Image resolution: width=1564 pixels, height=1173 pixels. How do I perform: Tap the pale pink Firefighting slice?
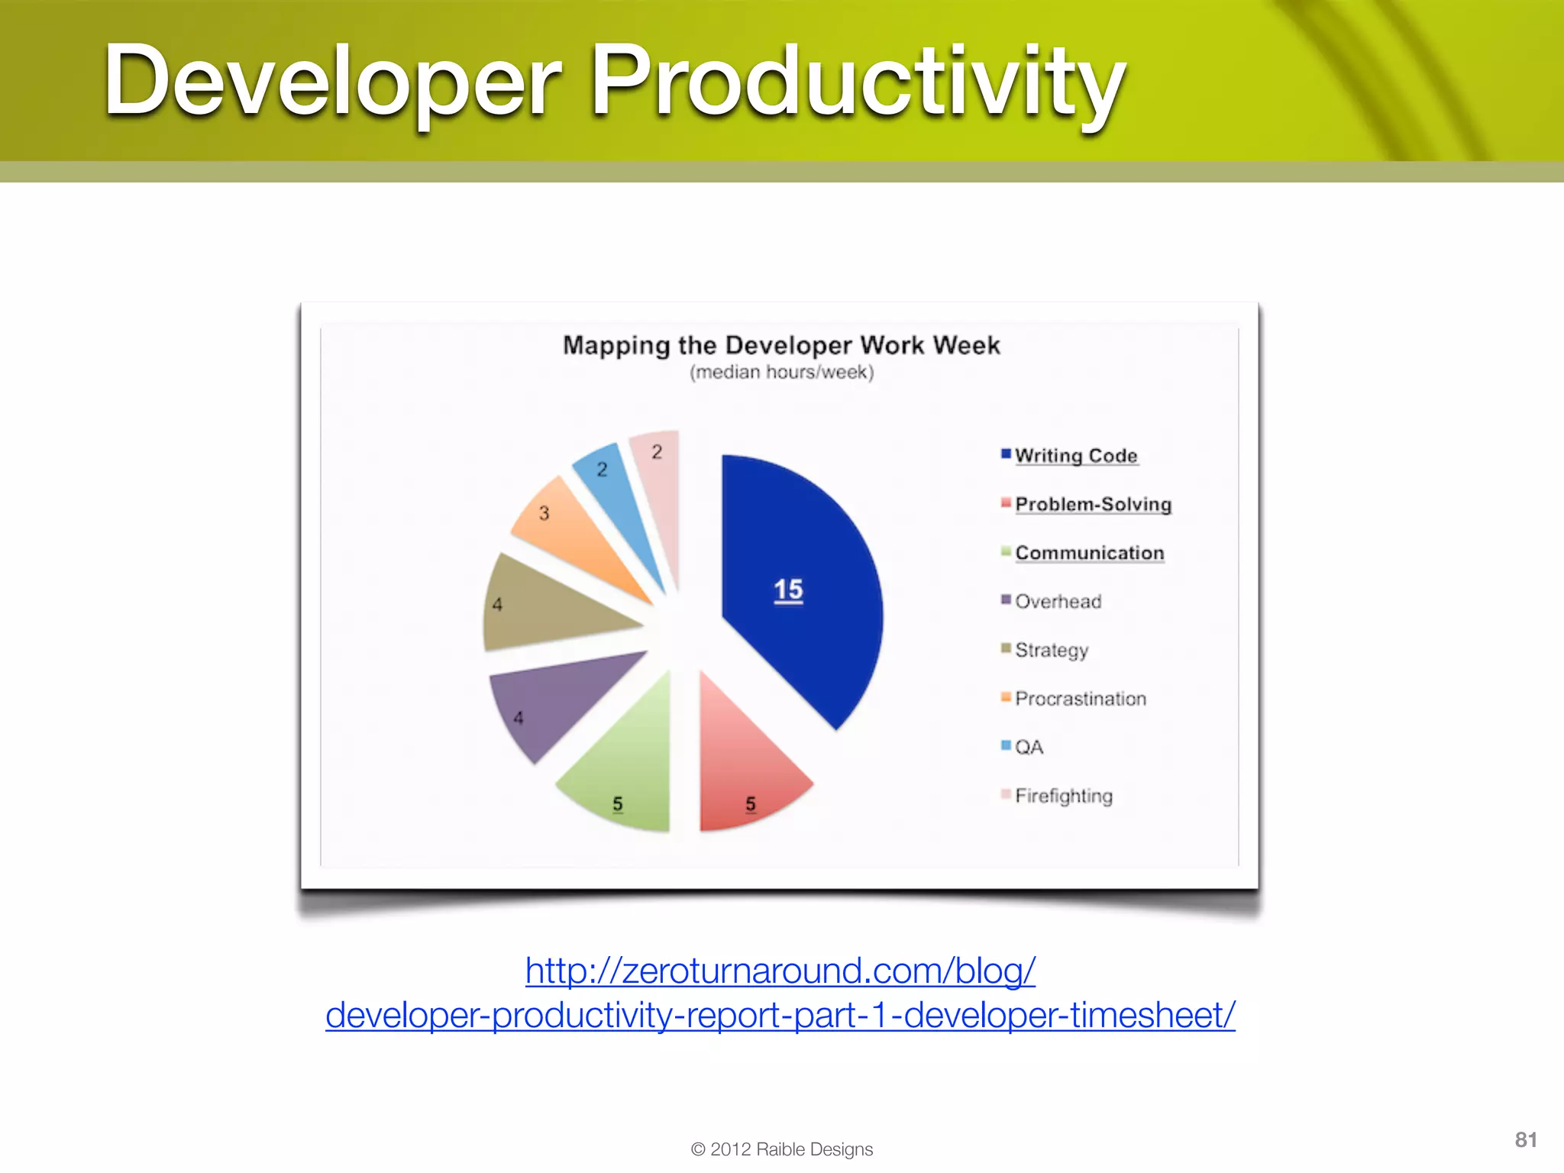661,496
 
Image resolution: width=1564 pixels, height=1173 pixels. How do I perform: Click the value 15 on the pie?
788,590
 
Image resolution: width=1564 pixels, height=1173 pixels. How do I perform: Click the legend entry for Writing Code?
1075,455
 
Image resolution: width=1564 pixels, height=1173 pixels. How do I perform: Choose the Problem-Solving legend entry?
1092,504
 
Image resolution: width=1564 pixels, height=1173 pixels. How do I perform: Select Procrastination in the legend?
1080,698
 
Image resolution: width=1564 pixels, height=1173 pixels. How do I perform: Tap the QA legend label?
1028,747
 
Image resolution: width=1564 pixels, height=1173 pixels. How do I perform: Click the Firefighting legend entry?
1063,796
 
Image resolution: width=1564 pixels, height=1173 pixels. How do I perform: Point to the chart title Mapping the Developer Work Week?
780,345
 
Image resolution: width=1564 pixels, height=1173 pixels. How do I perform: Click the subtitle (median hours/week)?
781,372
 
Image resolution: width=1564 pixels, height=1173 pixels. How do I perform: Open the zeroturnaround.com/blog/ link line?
780,971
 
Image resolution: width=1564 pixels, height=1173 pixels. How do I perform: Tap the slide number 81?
1525,1139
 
